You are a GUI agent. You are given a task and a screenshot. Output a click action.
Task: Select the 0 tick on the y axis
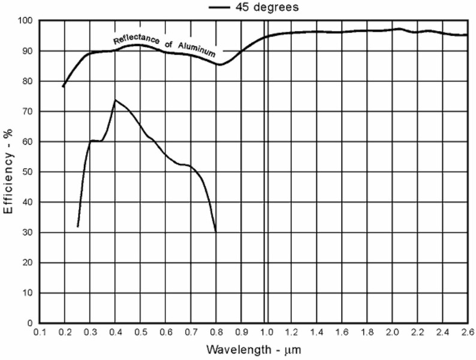click(28, 323)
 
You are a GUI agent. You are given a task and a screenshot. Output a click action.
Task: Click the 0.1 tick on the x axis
click(40, 332)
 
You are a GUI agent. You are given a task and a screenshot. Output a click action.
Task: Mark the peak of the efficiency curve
click(115, 100)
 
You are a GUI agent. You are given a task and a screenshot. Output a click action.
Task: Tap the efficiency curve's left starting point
click(78, 227)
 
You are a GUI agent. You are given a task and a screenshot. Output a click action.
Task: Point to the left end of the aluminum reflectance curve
click(63, 87)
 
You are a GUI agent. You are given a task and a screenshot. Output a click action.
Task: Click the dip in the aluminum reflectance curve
click(219, 65)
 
